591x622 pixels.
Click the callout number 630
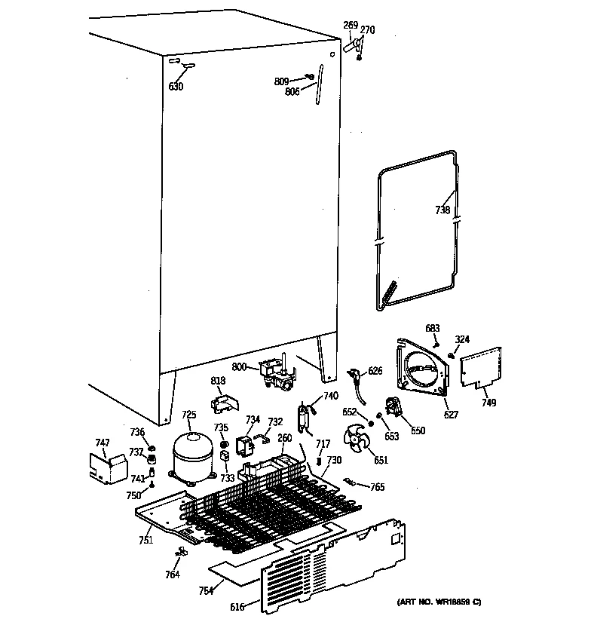point(176,87)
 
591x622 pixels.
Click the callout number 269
point(351,26)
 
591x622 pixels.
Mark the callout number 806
point(292,91)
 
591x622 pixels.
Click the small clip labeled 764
point(179,554)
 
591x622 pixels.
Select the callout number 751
point(145,540)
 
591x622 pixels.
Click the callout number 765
point(377,487)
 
